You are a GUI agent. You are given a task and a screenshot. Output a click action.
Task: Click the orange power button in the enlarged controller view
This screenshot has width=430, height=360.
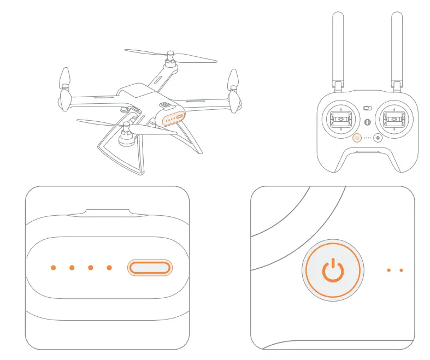(x=332, y=270)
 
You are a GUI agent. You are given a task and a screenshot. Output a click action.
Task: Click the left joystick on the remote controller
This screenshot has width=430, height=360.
(x=341, y=119)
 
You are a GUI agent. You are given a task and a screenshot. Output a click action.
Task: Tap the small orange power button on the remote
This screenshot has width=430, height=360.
(x=357, y=138)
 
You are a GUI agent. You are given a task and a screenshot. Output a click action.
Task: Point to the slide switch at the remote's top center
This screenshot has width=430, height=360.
(x=367, y=109)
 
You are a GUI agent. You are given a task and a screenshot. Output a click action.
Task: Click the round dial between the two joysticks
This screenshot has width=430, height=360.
(x=367, y=122)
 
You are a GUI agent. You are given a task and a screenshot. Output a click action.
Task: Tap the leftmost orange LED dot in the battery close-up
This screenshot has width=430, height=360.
(x=53, y=268)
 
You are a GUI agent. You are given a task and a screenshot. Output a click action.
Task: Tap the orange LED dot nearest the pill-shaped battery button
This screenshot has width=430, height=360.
(x=109, y=268)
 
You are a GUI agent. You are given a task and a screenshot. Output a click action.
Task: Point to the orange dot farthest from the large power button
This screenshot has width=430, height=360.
(x=402, y=270)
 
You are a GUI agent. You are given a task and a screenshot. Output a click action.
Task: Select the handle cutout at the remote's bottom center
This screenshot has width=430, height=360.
(x=367, y=159)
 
